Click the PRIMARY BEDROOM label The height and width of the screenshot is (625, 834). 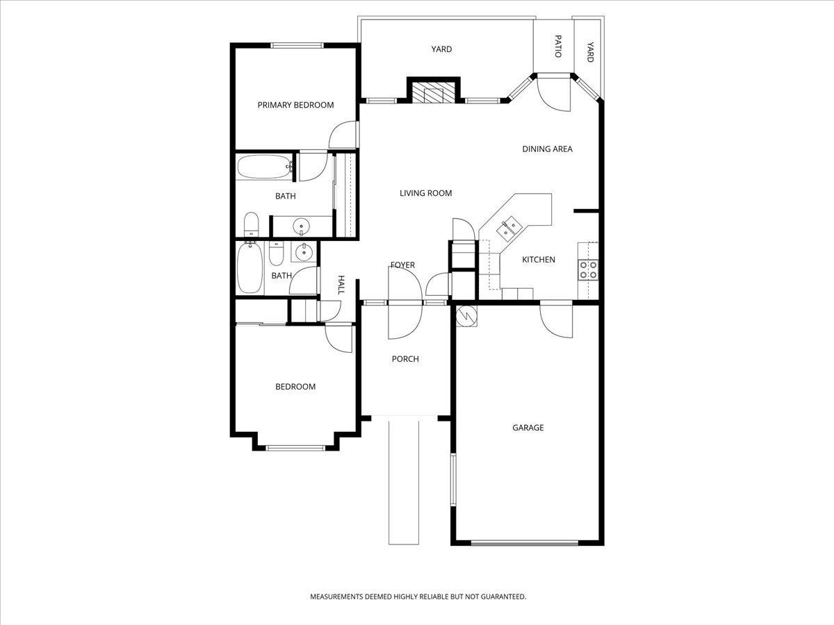pos(295,105)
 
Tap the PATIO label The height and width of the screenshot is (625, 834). pos(557,46)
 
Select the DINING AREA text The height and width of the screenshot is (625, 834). pos(547,149)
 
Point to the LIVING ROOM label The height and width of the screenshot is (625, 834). pos(425,193)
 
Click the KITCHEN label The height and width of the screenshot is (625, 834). pos(539,260)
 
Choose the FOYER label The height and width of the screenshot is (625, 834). pos(402,265)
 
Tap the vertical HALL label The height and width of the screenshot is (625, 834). pos(341,285)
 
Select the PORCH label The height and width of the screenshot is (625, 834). pos(405,359)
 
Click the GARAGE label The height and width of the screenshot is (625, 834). pos(528,428)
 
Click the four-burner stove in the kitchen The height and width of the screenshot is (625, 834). pos(588,269)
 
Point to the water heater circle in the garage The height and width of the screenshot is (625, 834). pos(465,316)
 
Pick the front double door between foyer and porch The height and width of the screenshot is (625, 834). pos(404,303)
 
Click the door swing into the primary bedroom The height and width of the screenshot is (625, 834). pos(344,136)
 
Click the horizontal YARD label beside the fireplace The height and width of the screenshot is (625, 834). pos(441,49)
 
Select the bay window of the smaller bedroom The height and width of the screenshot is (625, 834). pos(295,448)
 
